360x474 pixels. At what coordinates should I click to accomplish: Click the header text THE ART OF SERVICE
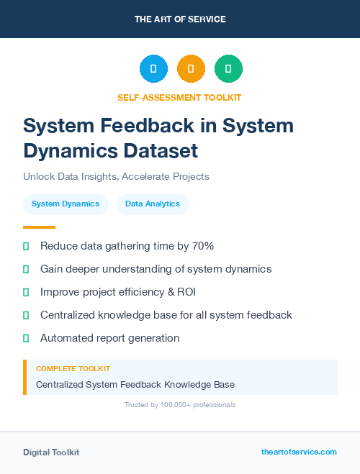pos(180,19)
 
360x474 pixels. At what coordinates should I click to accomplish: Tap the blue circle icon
pos(153,69)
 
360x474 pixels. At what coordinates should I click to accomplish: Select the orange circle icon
pos(191,69)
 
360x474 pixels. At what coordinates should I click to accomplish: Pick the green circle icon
pos(228,69)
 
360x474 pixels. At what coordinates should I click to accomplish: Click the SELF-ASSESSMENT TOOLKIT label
pos(179,97)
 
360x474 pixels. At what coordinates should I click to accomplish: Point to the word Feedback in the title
pos(163,125)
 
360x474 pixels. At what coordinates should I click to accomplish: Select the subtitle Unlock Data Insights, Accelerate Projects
pos(116,176)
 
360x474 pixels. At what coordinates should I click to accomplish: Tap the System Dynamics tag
pos(66,204)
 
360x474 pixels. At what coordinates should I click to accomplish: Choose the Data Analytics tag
pos(153,204)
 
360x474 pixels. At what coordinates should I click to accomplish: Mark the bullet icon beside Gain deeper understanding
pos(26,269)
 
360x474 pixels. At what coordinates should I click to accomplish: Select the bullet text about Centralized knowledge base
pos(166,315)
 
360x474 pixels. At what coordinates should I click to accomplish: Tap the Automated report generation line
pos(109,338)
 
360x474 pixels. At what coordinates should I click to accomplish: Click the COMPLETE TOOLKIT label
pos(73,369)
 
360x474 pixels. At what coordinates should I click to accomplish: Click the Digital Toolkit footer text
pos(51,452)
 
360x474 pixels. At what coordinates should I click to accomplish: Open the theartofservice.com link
pos(299,452)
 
